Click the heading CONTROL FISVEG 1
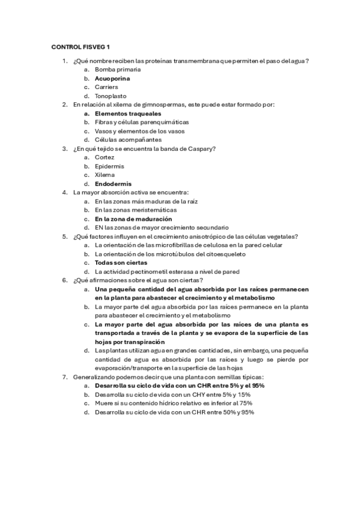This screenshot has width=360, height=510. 81,46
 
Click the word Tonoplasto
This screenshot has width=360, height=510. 111,96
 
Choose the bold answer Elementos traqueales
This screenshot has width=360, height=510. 128,113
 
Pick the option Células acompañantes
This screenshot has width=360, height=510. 124,140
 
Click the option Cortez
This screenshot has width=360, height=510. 105,157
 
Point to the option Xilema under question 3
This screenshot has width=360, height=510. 105,174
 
